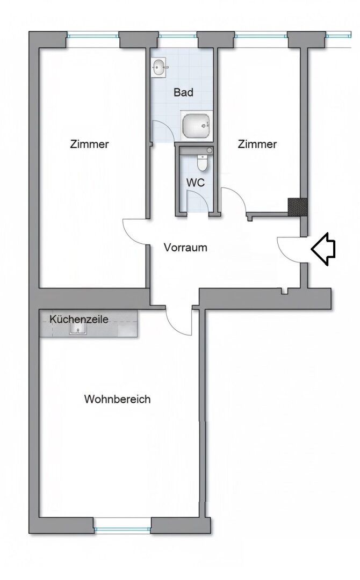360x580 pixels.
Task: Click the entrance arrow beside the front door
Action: [x=323, y=249]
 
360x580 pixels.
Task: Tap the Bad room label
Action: [x=183, y=92]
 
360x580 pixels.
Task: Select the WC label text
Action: [x=196, y=183]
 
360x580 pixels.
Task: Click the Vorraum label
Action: [x=185, y=248]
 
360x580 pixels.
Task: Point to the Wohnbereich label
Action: [x=117, y=400]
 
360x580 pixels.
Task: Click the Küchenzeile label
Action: [x=79, y=319]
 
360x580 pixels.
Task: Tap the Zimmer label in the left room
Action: [x=89, y=144]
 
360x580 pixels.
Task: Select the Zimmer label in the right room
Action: [x=257, y=144]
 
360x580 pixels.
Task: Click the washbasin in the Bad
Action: [x=159, y=68]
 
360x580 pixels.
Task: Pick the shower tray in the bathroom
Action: [x=197, y=126]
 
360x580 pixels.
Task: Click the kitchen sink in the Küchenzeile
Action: [x=77, y=329]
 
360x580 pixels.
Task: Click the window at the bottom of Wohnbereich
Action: [x=123, y=530]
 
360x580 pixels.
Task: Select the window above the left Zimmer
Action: [x=93, y=36]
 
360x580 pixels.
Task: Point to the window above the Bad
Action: [x=177, y=36]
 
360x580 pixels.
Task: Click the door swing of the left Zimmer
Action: [x=135, y=232]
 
